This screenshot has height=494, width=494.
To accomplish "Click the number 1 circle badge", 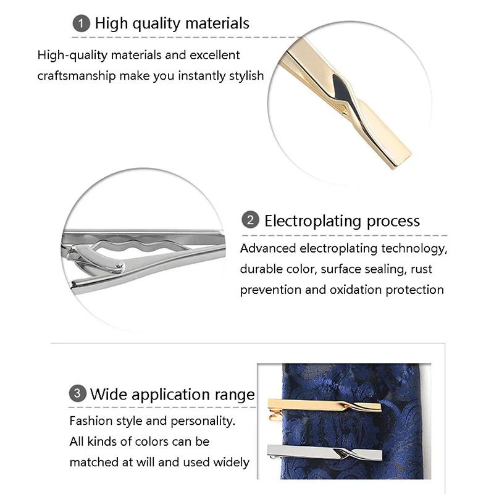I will point(81,23).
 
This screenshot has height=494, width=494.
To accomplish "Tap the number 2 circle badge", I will point(251,220).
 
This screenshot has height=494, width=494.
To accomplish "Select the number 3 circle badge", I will point(77,394).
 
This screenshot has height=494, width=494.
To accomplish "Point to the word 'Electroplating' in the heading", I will point(312,220).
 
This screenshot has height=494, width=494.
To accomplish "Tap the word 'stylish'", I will point(245,76).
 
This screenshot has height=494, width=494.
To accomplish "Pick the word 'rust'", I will point(420,269).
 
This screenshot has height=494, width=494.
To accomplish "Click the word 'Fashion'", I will point(90,421).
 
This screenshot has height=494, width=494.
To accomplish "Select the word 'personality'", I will point(201,422).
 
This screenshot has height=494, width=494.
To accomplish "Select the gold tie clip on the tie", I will point(346,408).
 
